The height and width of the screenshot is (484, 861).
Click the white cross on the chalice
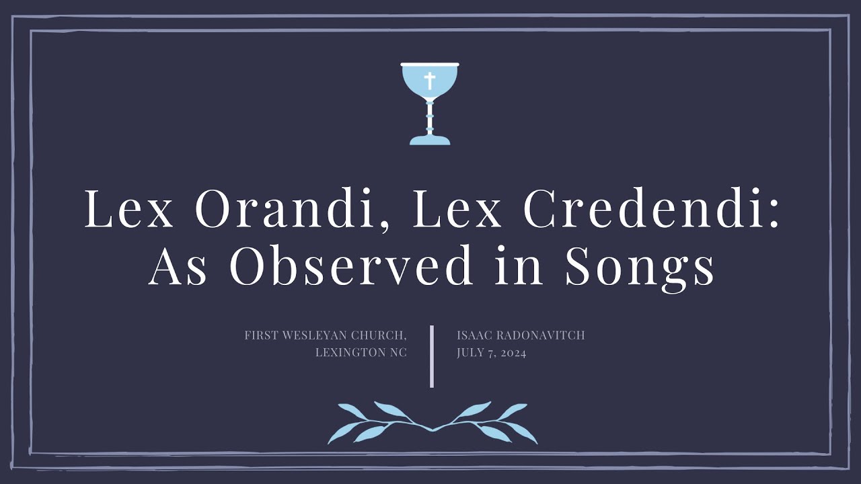430,81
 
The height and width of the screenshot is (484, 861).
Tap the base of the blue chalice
430,140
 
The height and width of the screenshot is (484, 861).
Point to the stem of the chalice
430,118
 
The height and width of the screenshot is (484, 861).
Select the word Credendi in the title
651,210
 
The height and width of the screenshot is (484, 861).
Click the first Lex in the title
128,210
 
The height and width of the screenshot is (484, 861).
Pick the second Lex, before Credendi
457,210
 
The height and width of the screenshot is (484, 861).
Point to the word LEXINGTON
347,353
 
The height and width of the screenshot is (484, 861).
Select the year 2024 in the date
513,353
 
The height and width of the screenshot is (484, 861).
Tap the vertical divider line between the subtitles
432,356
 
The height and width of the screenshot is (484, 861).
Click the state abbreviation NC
398,353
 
